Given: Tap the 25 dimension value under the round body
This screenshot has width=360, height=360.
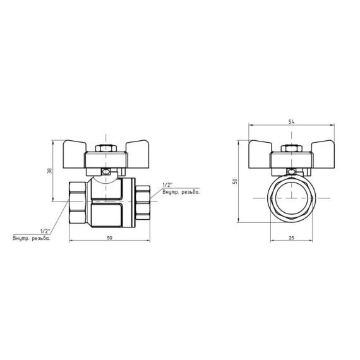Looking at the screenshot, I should tap(291, 238).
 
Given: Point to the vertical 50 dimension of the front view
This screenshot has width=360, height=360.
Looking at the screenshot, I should tap(234, 181).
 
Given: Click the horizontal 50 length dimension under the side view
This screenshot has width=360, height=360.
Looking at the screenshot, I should tap(110, 237).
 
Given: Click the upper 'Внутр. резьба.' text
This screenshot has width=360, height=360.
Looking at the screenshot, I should tap(181, 192).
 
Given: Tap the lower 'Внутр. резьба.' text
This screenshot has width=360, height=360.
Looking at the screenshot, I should tap(31, 238).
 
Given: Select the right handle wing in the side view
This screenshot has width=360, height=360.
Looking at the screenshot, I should tap(140, 152).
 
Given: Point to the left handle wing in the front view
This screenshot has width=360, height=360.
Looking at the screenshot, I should tap(261, 152).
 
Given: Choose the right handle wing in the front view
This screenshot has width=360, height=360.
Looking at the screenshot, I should tap(322, 152).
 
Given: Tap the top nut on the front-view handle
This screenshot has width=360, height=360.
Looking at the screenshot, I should tap(291, 149).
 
